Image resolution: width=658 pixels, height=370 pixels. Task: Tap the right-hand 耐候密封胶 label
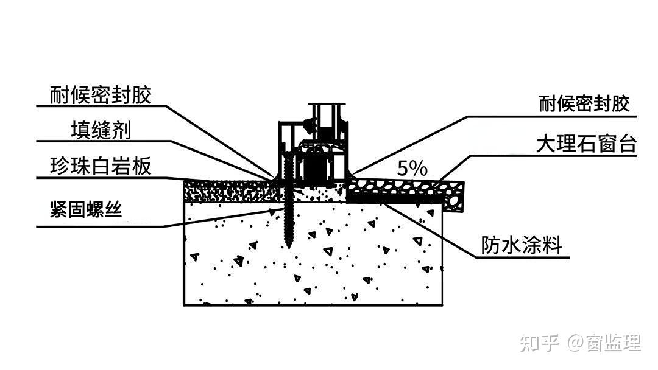click(584, 104)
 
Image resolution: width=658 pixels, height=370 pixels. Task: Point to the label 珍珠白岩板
click(101, 166)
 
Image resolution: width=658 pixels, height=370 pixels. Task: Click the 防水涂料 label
click(521, 245)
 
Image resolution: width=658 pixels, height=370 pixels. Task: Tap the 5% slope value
click(412, 169)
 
